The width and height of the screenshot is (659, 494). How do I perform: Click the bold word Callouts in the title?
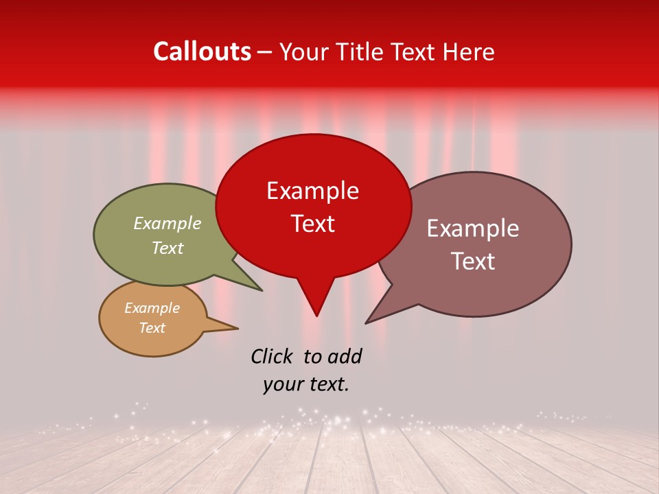click(x=202, y=51)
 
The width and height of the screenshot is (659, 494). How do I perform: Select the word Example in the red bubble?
click(x=312, y=191)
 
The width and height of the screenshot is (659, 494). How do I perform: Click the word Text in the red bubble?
click(x=312, y=224)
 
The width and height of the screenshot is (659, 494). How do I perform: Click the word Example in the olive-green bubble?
click(x=167, y=224)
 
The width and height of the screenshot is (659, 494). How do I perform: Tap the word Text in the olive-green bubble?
click(x=167, y=248)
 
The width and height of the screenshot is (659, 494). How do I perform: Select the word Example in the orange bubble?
click(x=152, y=308)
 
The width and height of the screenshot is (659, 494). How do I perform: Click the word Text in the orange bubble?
click(x=152, y=328)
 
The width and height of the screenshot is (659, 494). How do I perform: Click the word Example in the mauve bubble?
click(x=472, y=228)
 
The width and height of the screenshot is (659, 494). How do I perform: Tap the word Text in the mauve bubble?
click(x=472, y=261)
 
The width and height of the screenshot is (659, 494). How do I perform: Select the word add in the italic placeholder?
click(x=344, y=357)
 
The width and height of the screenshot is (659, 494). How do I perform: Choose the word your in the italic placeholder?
click(x=281, y=385)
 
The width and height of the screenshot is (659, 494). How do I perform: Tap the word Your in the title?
click(x=305, y=51)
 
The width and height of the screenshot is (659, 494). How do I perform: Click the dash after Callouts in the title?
click(x=266, y=53)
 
